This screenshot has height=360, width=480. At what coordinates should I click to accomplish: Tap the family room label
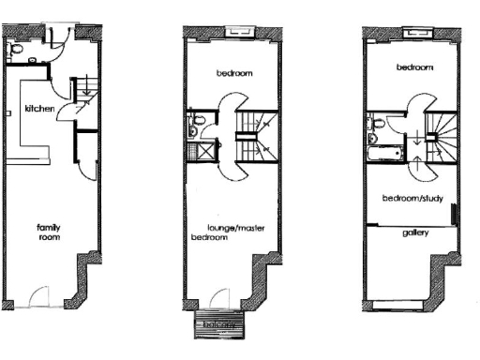pyautogui.click(x=49, y=232)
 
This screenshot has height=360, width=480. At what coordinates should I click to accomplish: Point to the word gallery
pyautogui.click(x=414, y=232)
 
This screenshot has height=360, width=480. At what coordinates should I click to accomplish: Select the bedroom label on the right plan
pyautogui.click(x=413, y=67)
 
